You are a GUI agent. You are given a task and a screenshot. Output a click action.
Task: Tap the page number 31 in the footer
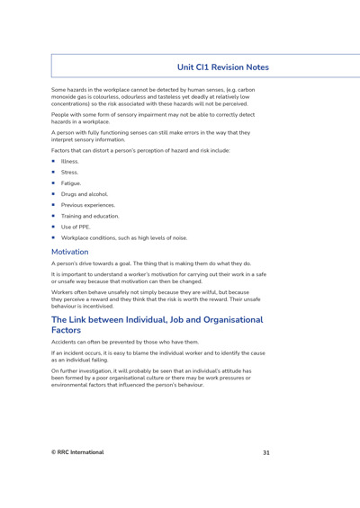click(x=265, y=452)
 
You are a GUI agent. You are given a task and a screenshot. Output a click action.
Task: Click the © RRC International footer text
click(x=77, y=452)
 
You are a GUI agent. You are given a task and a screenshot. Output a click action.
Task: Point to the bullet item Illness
click(x=70, y=161)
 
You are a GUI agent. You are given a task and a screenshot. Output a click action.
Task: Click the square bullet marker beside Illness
click(x=54, y=161)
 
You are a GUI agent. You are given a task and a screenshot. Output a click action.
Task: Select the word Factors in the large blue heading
click(x=72, y=331)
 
